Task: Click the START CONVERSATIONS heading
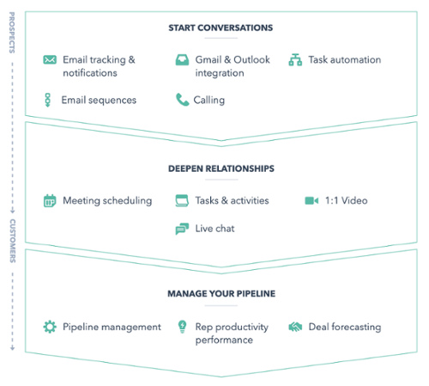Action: click(x=221, y=28)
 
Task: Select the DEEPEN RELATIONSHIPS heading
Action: click(x=221, y=168)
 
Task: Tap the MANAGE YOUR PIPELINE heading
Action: click(x=221, y=294)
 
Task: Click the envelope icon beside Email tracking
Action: click(x=50, y=59)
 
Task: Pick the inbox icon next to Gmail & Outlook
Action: click(x=182, y=59)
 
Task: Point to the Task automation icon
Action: click(x=295, y=59)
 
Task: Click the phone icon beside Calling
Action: click(x=182, y=100)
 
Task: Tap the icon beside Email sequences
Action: click(x=48, y=100)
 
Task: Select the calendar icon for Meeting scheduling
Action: click(x=50, y=200)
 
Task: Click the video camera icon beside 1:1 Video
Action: click(x=311, y=200)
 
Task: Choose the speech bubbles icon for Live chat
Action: click(x=182, y=229)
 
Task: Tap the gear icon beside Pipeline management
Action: click(x=50, y=327)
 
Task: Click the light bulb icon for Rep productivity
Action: click(x=182, y=327)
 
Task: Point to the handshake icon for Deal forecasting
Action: click(x=295, y=327)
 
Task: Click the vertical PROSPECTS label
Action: click(x=12, y=33)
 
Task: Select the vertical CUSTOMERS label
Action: click(x=13, y=241)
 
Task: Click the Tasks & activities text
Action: click(x=232, y=200)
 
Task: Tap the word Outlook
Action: click(x=251, y=59)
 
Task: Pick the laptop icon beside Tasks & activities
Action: click(x=182, y=200)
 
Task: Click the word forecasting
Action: click(x=356, y=327)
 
